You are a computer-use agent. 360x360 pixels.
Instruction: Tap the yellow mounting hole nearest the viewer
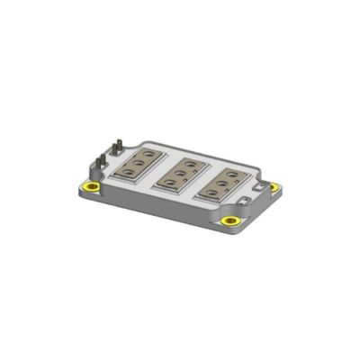coord(230,220)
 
